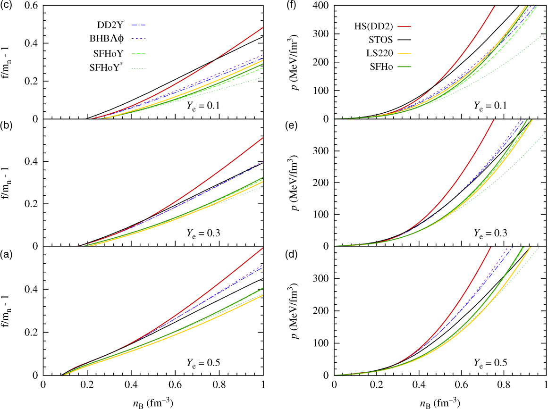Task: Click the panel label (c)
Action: tap(5, 5)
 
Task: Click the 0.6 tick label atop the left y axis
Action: tap(33, 6)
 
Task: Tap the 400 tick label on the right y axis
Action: tap(322, 6)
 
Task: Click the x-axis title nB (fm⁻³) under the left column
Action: tap(153, 402)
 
